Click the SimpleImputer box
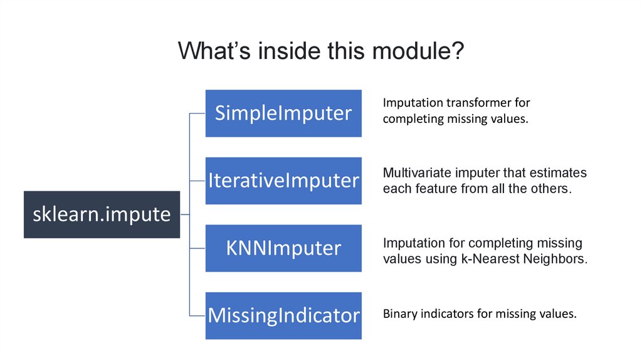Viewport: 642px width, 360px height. [283, 114]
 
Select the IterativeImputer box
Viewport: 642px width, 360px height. [283, 181]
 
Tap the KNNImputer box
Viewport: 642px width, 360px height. [283, 248]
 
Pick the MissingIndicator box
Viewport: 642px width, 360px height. [283, 315]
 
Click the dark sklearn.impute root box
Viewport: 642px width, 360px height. [102, 214]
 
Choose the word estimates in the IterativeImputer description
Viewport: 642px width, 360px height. [563, 173]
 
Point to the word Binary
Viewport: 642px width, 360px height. [398, 314]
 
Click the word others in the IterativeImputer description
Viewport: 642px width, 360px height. [549, 189]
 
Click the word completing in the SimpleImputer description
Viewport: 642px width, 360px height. [409, 119]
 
